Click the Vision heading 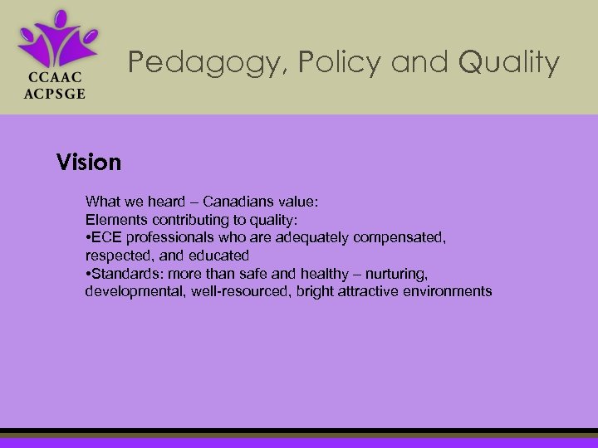pos(89,162)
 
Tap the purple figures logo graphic pos(57,38)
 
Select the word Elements pos(113,220)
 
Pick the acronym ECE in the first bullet pos(107,238)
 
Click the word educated pos(218,256)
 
